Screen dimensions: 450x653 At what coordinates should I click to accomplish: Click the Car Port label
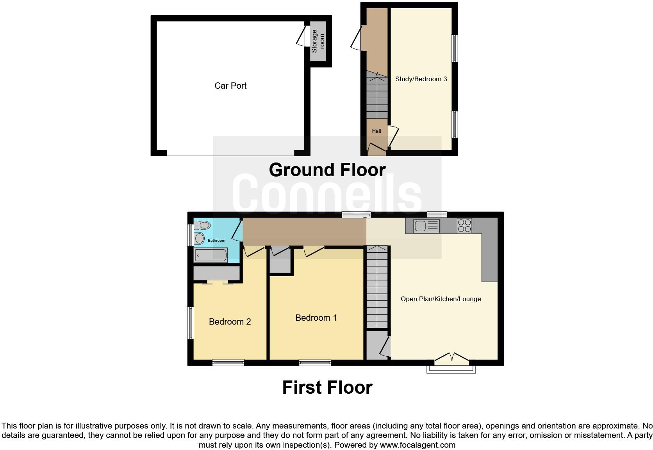point(230,86)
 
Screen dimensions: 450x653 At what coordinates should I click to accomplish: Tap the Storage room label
point(318,41)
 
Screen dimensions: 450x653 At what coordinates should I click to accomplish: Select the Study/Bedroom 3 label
point(421,79)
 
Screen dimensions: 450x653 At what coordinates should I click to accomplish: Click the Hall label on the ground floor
point(376,131)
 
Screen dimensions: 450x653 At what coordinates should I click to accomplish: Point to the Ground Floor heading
point(327,170)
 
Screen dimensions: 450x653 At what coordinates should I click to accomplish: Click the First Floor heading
point(327,387)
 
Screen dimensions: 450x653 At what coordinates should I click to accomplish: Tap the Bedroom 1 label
point(316,318)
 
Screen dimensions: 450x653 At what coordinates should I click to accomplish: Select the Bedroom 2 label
point(230,321)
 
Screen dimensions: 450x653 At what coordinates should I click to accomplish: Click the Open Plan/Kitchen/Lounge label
point(441,299)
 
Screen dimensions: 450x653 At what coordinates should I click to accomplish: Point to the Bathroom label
point(216,240)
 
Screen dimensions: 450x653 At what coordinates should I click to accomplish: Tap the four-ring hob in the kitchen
point(464,226)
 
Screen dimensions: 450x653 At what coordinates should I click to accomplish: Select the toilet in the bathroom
point(203,225)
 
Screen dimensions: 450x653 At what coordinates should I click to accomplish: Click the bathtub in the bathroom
point(211,255)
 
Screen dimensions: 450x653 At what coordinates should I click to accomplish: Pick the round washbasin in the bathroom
point(199,237)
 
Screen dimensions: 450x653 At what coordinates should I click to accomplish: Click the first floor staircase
point(377,287)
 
